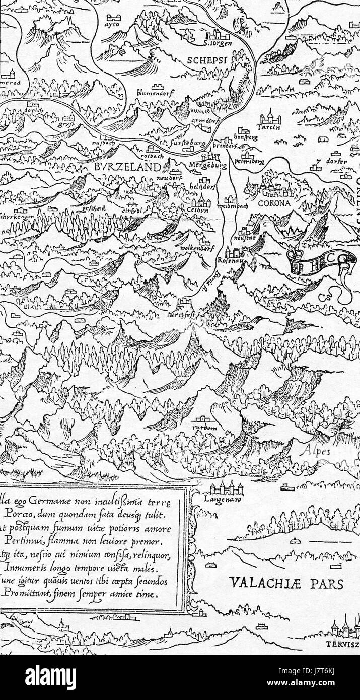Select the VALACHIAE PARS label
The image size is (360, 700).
pos(286,583)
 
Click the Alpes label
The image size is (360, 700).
pos(317,452)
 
